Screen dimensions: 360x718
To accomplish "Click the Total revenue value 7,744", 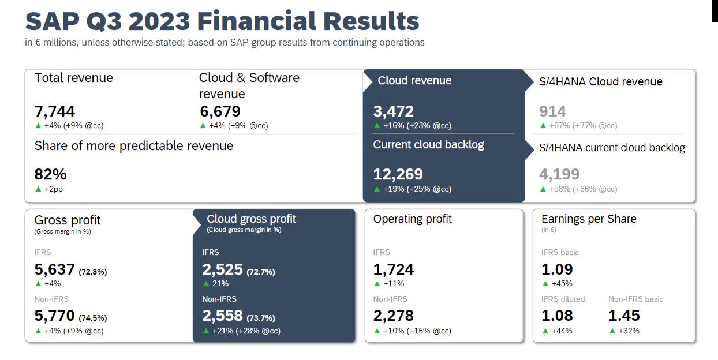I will pyautogui.click(x=55, y=111).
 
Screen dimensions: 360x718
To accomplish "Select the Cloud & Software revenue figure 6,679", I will pyautogui.click(x=220, y=111).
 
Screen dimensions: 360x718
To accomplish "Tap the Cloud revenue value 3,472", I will pyautogui.click(x=394, y=111).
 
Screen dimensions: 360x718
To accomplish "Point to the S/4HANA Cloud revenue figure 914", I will pyautogui.click(x=552, y=111).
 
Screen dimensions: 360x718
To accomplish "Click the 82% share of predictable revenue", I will pyautogui.click(x=51, y=174).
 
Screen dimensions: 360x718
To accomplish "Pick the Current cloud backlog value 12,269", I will pyautogui.click(x=398, y=174).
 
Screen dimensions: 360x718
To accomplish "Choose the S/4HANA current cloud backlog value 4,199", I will pyautogui.click(x=559, y=174).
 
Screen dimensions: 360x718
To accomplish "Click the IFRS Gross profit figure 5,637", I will pyautogui.click(x=55, y=269).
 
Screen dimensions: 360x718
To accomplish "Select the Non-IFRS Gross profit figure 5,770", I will pyautogui.click(x=55, y=316).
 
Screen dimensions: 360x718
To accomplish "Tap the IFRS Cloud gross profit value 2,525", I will pyautogui.click(x=222, y=269).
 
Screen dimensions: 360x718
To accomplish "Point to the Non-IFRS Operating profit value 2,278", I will pyautogui.click(x=394, y=316).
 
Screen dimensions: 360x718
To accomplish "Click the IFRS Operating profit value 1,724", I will pyautogui.click(x=394, y=269).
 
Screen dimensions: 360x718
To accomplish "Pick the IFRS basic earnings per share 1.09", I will pyautogui.click(x=557, y=269).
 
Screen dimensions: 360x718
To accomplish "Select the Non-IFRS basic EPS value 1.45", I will pyautogui.click(x=624, y=316).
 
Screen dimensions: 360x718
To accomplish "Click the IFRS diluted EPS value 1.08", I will pyautogui.click(x=557, y=316).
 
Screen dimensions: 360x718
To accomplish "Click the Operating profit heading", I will pyautogui.click(x=412, y=219).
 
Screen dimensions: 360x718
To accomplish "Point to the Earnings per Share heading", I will pyautogui.click(x=589, y=219).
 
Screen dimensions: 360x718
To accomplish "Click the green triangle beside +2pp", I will pyautogui.click(x=38, y=189).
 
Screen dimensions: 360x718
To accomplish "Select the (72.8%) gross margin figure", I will pyautogui.click(x=93, y=272).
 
